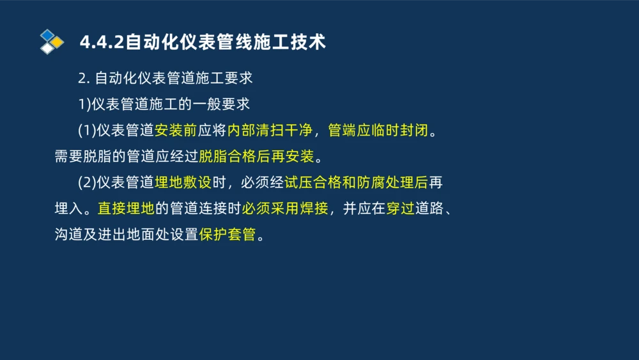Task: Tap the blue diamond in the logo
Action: pos(48,35)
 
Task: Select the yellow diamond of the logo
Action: pos(58,42)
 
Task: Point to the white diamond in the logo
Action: pos(47,49)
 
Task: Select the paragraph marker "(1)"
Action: pos(86,130)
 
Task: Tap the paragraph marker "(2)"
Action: pos(86,183)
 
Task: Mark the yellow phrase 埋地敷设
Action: pos(183,183)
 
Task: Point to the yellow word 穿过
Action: pos(401,209)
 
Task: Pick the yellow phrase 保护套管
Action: pos(227,235)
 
